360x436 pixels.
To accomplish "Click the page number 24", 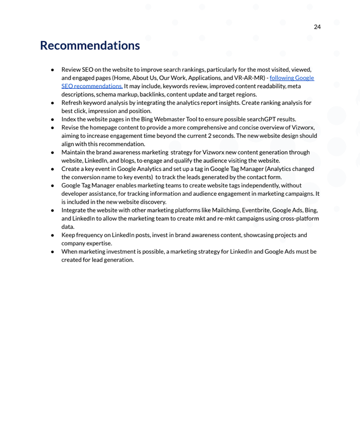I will [317, 27].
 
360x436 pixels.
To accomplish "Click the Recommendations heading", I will [90, 45].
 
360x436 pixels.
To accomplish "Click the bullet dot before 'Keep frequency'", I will [52, 235].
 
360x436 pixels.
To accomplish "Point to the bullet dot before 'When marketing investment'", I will [52, 252].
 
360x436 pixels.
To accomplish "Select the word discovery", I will [152, 202].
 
